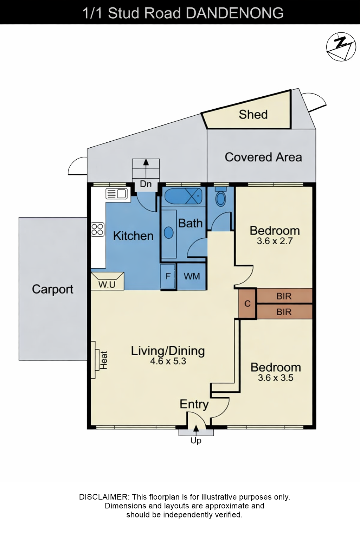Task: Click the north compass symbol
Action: pos(341,46)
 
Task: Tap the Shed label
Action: pos(253,114)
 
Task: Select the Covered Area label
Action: pos(263,157)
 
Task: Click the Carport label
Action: pos(53,289)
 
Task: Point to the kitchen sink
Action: pos(116,194)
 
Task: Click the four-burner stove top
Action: pos(98,229)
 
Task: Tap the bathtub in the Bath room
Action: pos(184,196)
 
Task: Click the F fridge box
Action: pos(168,276)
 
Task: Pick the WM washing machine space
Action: pos(192,276)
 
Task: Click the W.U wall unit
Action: pos(107,281)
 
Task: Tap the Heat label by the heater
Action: pos(104,360)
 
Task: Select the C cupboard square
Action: pos(247,303)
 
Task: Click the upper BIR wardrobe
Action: pos(284,296)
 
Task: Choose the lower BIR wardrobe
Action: pos(284,312)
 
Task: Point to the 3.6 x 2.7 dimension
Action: pos(275,241)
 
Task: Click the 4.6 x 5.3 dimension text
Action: pos(168,361)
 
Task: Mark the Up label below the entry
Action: pos(196,441)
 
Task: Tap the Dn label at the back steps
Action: pos(146,184)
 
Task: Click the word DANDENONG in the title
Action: pos(234,13)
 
